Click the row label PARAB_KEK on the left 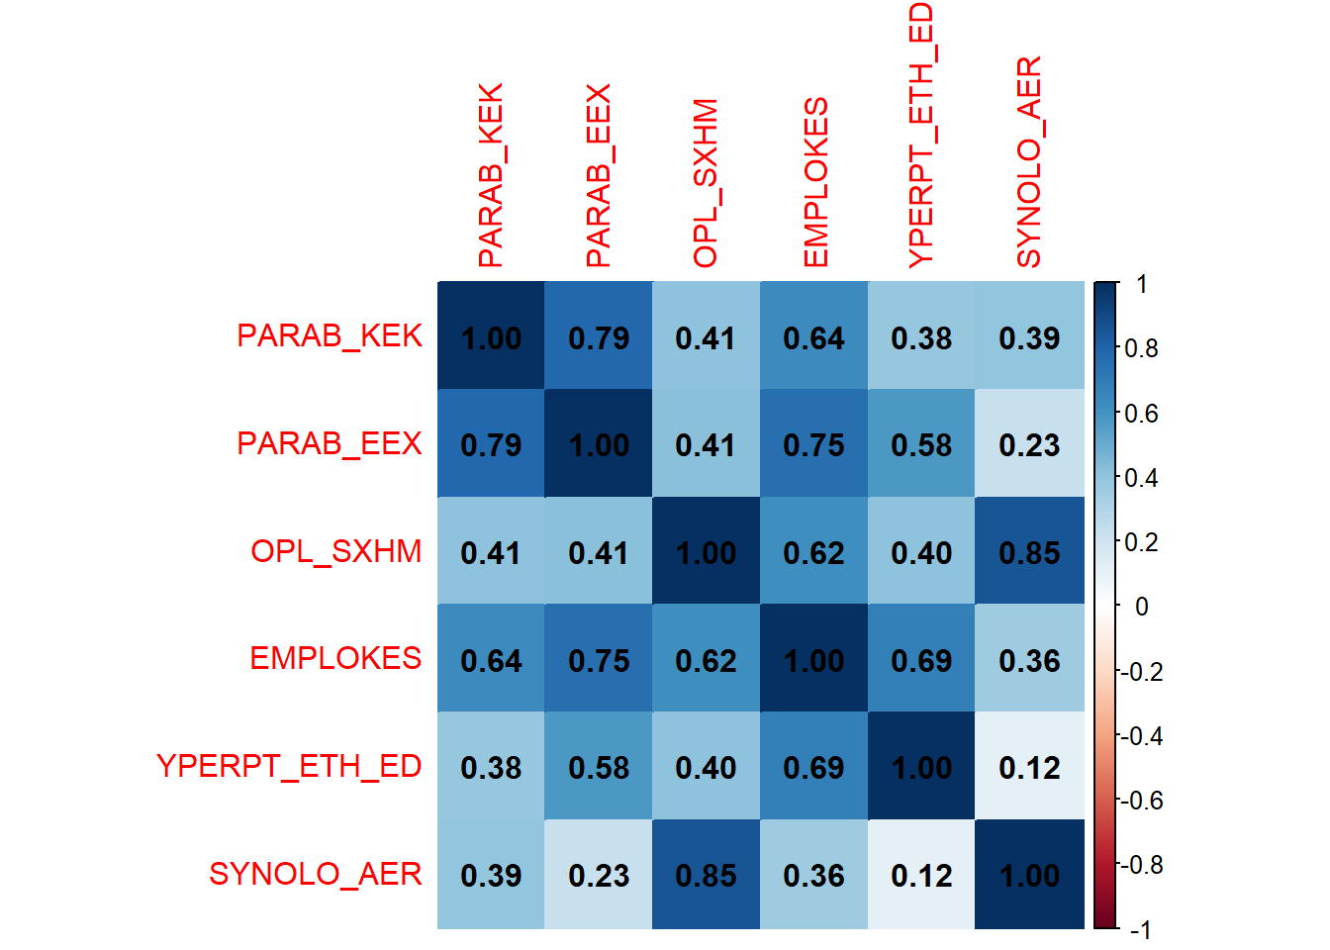(330, 336)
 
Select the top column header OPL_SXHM (706, 183)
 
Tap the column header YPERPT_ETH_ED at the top (921, 136)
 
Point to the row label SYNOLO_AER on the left (316, 875)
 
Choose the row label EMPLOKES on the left (335, 659)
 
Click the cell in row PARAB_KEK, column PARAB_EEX (599, 336)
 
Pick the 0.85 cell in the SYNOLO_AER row (706, 875)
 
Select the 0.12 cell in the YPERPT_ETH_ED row (1029, 767)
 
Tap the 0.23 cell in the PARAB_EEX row (1029, 444)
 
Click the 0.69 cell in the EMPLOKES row (921, 660)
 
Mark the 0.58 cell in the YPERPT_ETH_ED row (599, 767)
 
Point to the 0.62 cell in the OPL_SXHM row (813, 552)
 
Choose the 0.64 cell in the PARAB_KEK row (813, 336)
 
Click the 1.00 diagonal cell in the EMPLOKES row (813, 660)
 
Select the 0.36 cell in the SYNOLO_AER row (813, 875)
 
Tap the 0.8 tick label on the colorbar (1141, 348)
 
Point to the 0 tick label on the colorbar (1141, 607)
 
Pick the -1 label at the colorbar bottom (1139, 930)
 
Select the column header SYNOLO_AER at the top (1029, 162)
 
